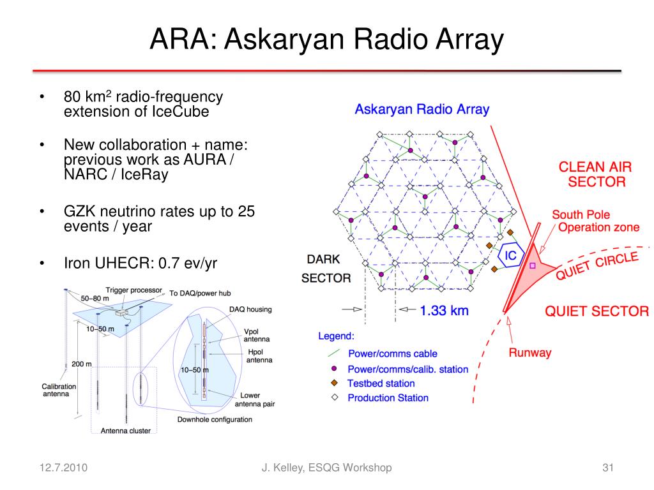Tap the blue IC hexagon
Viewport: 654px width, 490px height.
coord(510,256)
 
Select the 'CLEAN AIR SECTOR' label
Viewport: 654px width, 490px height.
coord(595,174)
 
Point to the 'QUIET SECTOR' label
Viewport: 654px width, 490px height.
coord(596,311)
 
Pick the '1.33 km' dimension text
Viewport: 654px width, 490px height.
coord(445,311)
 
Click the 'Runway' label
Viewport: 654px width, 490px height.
coord(529,353)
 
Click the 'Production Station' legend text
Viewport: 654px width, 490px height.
coord(388,398)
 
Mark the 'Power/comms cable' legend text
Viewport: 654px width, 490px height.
coord(392,353)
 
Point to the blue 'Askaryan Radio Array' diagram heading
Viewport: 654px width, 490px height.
coord(422,109)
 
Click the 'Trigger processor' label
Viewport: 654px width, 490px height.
coord(134,290)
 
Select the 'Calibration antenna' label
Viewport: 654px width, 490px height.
coord(59,390)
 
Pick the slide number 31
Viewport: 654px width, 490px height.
coord(607,468)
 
